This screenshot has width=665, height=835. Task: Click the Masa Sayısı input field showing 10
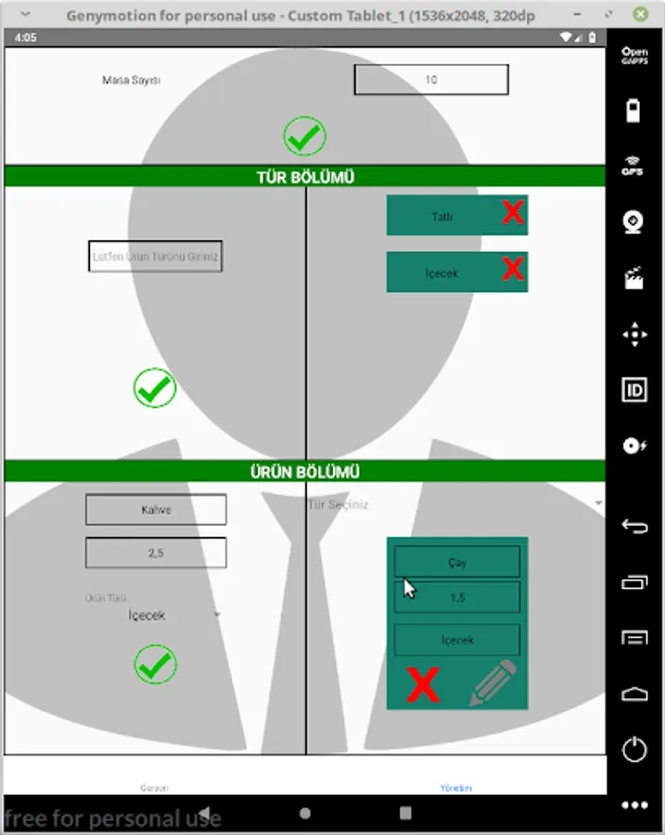(x=431, y=80)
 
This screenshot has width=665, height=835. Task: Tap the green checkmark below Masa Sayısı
(x=304, y=136)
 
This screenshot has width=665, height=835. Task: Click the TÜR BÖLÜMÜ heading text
(x=305, y=177)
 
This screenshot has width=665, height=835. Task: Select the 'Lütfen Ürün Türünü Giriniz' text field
(x=155, y=256)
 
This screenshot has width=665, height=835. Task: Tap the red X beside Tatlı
(x=513, y=213)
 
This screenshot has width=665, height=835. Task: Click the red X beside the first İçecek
(x=513, y=270)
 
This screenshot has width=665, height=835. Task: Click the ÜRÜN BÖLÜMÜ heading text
(x=305, y=471)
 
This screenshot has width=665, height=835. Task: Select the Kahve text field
(x=156, y=509)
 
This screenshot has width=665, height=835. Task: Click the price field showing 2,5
(x=156, y=553)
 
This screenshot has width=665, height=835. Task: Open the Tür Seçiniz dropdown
(x=454, y=504)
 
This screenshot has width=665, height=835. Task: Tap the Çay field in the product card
(x=456, y=561)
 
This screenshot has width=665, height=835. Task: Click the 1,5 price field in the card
(x=456, y=598)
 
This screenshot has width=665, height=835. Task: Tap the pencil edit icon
(x=492, y=684)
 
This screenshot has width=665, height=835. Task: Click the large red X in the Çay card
(x=423, y=686)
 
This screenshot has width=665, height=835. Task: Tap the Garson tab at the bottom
(x=154, y=788)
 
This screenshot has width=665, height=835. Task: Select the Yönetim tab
(x=455, y=788)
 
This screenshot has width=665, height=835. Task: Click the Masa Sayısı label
(x=132, y=81)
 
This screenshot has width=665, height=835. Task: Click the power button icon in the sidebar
(x=634, y=749)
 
